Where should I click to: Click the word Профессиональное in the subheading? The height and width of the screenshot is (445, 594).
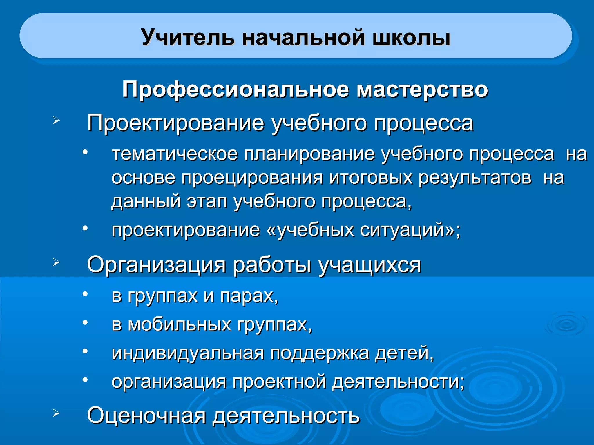click(236, 89)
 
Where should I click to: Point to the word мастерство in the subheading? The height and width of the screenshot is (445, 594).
click(422, 89)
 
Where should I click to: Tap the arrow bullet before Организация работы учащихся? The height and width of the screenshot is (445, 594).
click(56, 262)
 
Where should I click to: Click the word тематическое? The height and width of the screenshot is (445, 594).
click(175, 154)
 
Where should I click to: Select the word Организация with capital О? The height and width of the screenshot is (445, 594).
click(156, 265)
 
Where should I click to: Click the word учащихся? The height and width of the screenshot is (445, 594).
click(370, 265)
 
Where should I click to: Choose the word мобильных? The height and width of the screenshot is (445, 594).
click(180, 324)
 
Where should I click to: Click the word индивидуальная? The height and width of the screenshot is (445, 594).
click(188, 353)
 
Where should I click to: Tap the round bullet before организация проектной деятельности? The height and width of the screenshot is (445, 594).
click(85, 380)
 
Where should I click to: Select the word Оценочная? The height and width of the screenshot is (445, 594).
click(146, 415)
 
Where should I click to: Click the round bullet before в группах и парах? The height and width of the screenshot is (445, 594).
click(85, 294)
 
